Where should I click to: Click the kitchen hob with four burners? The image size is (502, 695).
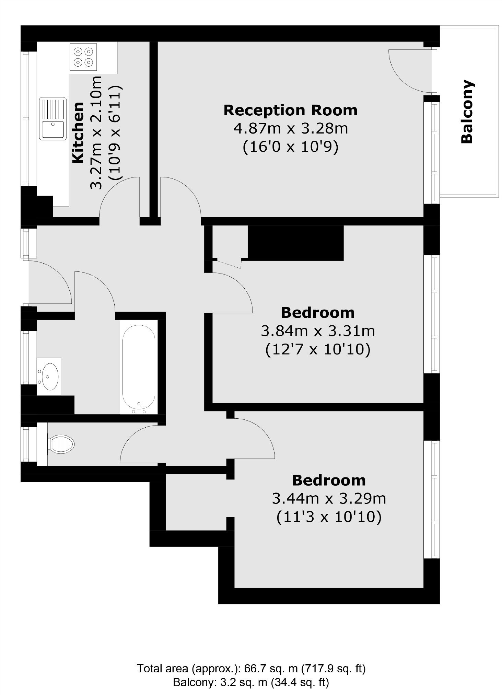pos(83,57)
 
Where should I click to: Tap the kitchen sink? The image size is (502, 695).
pos(52,118)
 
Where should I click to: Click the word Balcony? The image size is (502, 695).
pos(467,112)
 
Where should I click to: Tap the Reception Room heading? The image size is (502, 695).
pos(290,110)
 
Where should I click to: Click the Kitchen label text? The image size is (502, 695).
pos(78,132)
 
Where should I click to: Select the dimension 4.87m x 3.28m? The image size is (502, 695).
pos(291,129)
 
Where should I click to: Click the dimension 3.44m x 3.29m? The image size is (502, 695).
pos(329,498)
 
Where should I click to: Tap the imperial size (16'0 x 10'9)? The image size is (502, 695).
pos(291,147)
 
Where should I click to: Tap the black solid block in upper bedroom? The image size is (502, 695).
pos(295,243)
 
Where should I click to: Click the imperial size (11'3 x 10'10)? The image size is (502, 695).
pos(329,517)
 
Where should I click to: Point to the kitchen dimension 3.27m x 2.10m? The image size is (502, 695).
pos(96,132)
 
